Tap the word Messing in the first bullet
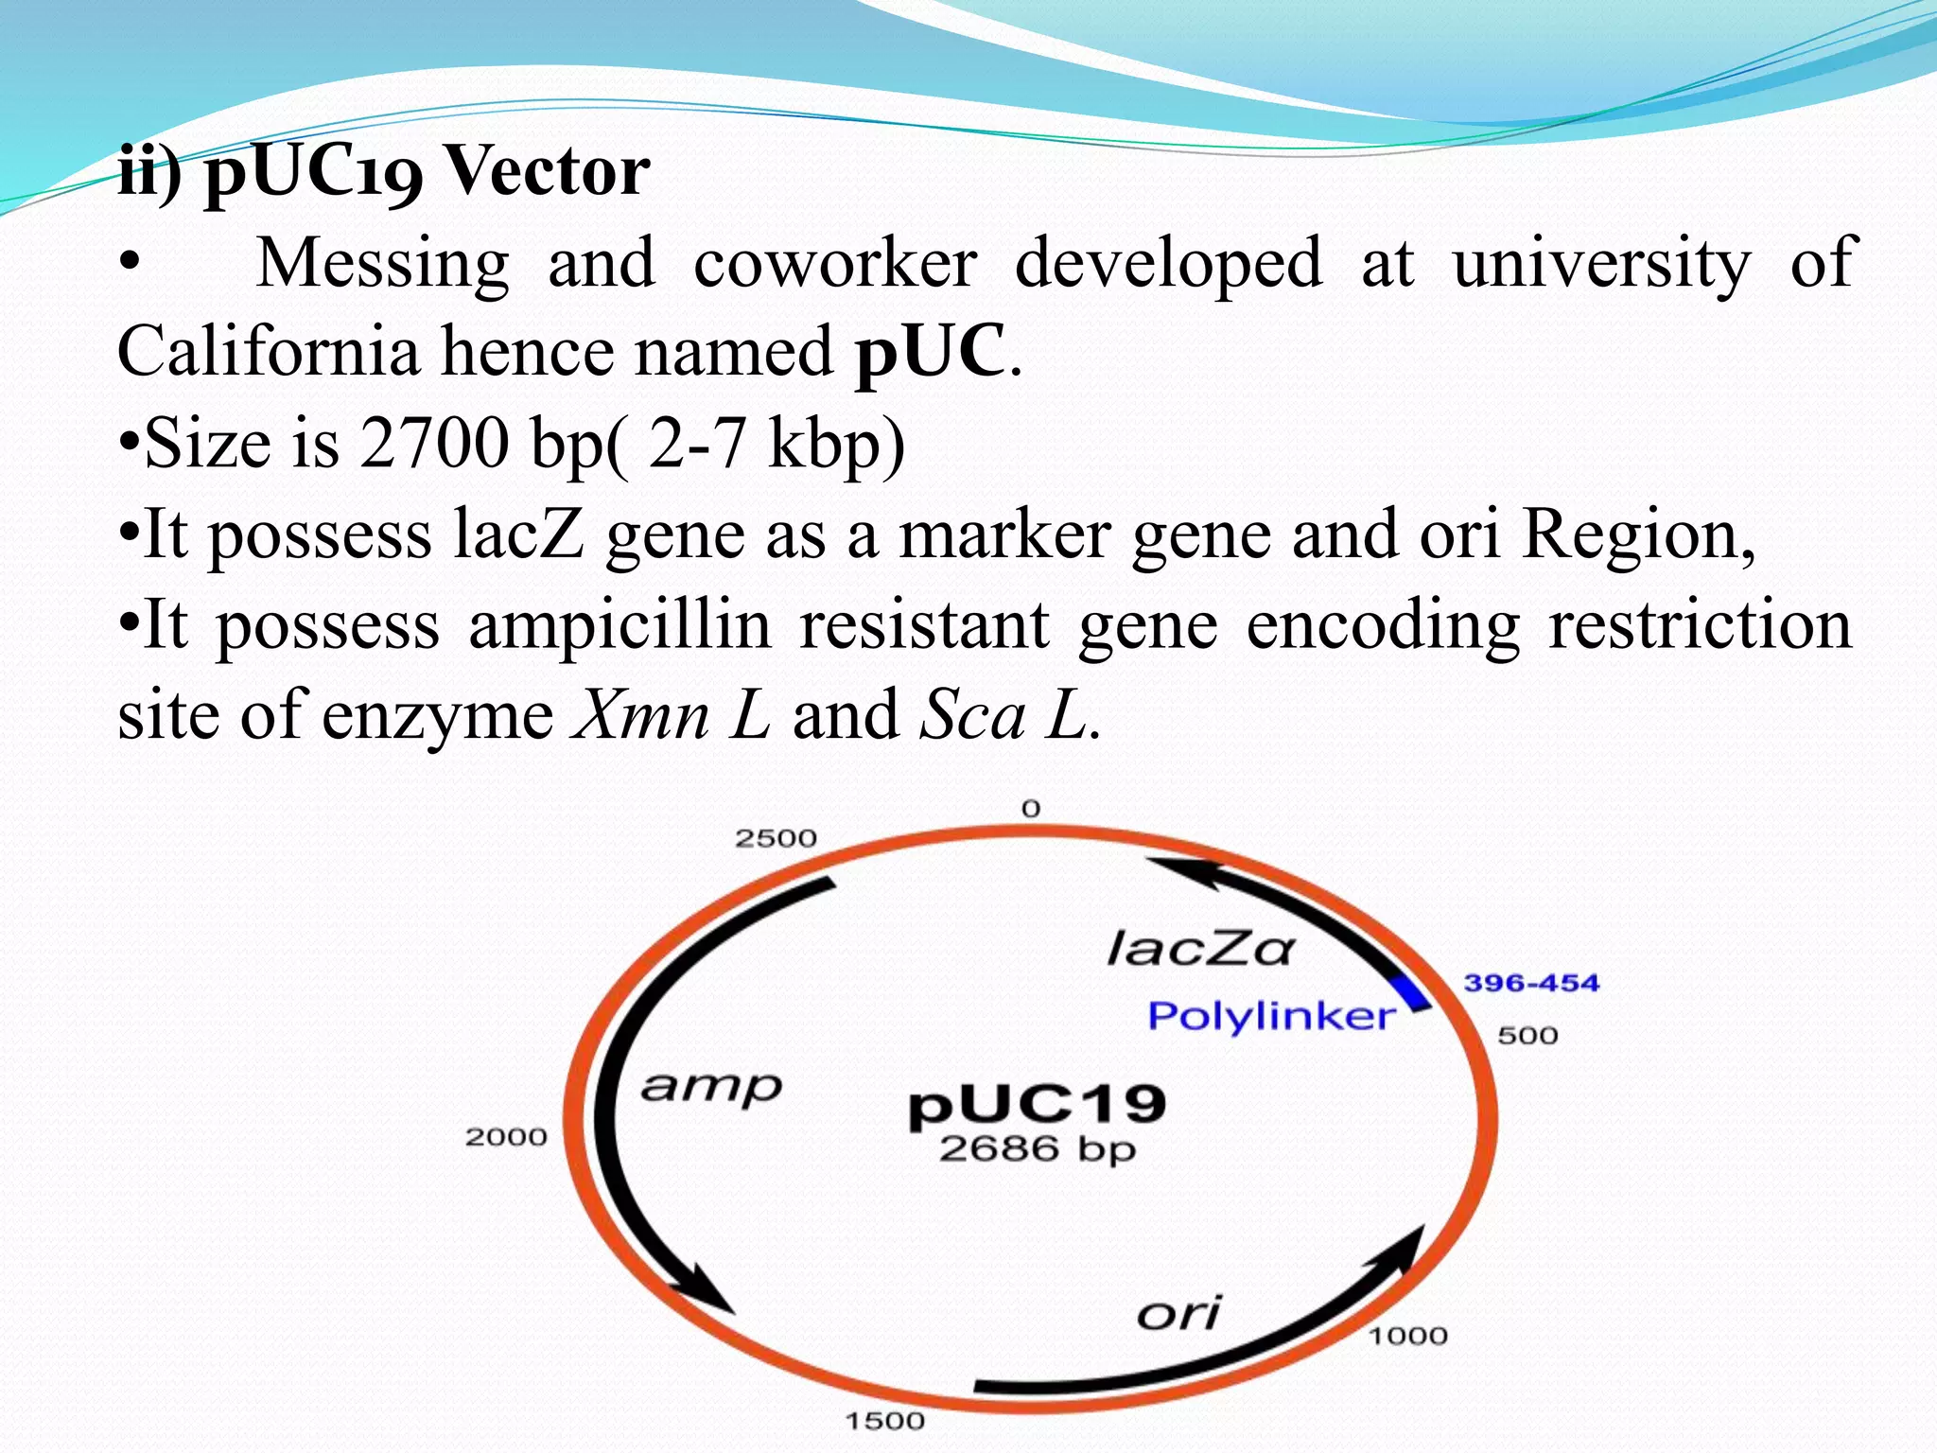[382, 263]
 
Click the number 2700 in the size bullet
[434, 443]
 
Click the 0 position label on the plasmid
[1031, 809]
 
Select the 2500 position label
[776, 838]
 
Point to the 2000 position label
[506, 1136]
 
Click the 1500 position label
[884, 1421]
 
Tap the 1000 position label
[1408, 1336]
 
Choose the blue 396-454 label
[1531, 983]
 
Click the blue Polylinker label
[1271, 1017]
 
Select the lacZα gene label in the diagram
[1199, 949]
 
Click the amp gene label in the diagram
[711, 1088]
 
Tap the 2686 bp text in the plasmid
[1037, 1149]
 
